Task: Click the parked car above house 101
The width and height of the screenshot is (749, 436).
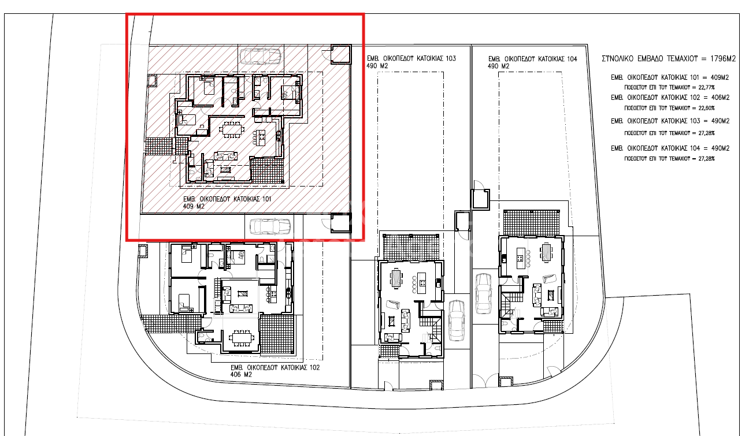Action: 261,56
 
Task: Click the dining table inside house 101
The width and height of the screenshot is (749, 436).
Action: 232,129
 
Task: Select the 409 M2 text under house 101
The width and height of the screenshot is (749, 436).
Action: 194,206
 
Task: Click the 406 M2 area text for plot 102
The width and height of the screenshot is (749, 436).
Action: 242,375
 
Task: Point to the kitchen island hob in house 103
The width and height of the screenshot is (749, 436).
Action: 422,283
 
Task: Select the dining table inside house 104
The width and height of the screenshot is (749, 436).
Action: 547,251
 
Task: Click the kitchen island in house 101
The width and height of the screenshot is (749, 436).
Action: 261,137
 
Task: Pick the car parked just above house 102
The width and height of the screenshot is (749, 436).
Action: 270,226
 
